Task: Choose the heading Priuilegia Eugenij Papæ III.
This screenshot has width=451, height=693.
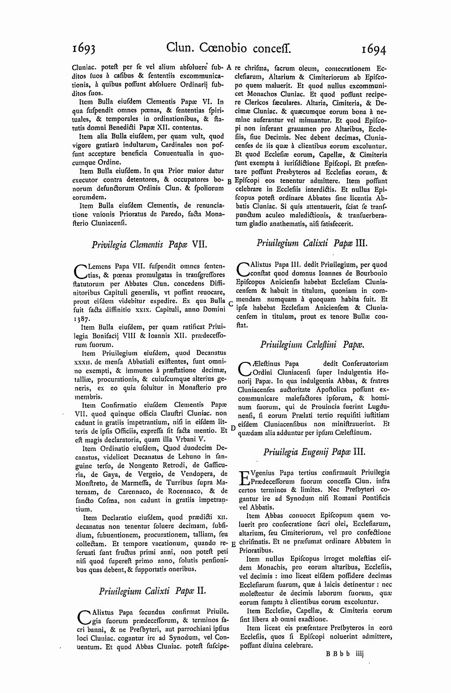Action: pos(314,451)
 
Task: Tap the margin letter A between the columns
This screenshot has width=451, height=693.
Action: pos(229,68)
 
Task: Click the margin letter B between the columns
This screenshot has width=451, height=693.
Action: pos(229,181)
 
